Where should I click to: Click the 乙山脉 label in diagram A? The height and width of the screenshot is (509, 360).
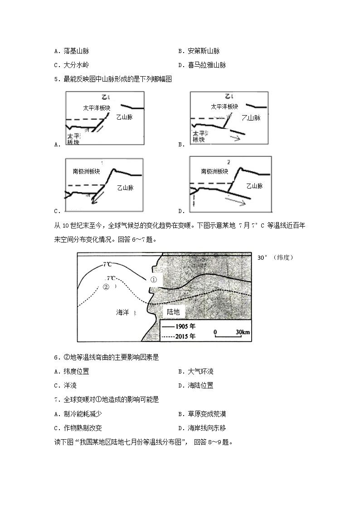tap(124, 117)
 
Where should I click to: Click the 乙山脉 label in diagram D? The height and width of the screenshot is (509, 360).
tap(255, 186)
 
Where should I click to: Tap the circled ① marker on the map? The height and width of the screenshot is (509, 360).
tap(153, 280)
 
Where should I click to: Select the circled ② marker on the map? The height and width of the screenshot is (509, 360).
tap(106, 286)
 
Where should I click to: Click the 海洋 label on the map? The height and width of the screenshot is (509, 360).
tap(123, 312)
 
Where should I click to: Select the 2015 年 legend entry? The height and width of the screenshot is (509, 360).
tap(179, 336)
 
